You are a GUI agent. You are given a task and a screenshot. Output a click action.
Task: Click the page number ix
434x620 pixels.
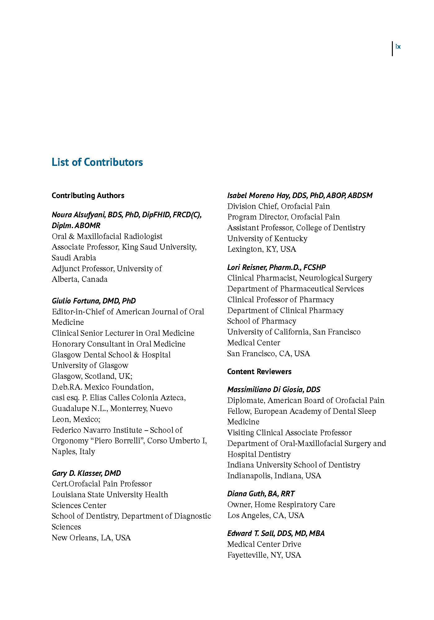coord(398,47)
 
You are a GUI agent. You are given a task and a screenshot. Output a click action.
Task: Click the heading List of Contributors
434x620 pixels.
coord(97,162)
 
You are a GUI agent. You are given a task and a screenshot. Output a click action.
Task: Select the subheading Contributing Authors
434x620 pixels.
coord(88,196)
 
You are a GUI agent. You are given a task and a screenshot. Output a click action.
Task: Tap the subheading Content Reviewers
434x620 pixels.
coord(259,371)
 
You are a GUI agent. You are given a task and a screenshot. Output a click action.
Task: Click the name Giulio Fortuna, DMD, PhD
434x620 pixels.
coord(93,301)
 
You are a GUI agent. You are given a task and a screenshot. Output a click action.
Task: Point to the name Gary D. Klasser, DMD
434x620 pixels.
coord(86,473)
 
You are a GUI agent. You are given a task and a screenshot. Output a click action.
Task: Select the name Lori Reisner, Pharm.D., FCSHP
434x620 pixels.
coord(276,267)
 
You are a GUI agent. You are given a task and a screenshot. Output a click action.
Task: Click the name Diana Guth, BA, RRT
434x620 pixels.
coord(261,494)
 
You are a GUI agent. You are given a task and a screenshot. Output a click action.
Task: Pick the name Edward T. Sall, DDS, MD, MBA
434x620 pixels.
coord(276,533)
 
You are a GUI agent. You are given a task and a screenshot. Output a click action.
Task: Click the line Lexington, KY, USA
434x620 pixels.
coord(261,249)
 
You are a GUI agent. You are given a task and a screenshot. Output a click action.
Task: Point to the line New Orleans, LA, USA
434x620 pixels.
coord(91,538)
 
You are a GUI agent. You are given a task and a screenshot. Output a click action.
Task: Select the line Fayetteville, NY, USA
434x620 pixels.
coord(264,555)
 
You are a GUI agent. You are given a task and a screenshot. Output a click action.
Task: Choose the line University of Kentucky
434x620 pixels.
coord(267,238)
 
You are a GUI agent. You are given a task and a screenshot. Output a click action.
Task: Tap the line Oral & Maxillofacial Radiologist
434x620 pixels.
coord(107,236)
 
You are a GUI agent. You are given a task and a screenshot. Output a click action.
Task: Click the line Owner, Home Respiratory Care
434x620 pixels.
coord(281,504)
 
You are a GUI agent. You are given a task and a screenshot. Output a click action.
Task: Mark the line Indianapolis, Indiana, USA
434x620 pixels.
coord(274,476)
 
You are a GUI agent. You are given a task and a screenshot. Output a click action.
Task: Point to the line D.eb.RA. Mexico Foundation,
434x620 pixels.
coord(102,387)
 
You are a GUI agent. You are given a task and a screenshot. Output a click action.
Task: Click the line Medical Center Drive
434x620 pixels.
coord(264,544)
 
